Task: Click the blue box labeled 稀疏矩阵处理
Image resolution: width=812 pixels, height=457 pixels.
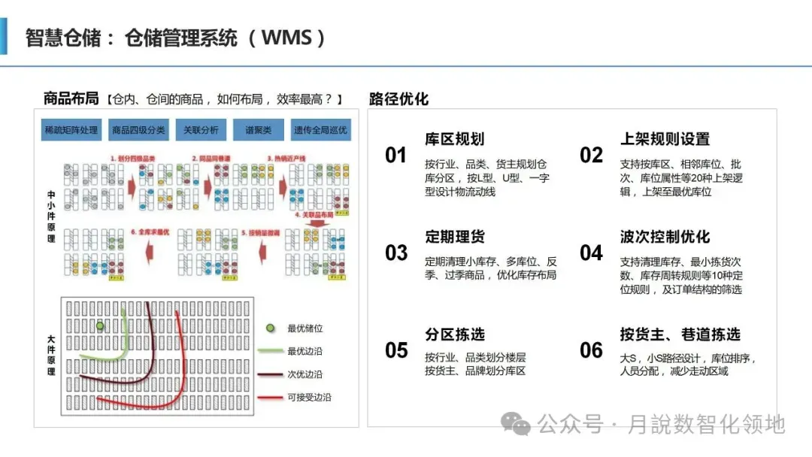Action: coord(71,130)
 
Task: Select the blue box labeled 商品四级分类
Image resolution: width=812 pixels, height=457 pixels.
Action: coord(138,130)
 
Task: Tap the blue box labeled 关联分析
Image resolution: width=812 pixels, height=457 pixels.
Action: coord(201,130)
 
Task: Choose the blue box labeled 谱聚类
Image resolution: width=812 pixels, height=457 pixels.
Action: coord(259,130)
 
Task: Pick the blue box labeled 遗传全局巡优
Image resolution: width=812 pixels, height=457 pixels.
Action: coord(320,130)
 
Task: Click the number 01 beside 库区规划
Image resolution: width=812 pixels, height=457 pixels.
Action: coord(395,156)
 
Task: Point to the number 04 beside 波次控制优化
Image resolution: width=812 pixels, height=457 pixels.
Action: coord(591,253)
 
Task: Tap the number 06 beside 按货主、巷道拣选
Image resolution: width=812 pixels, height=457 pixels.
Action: coord(591,350)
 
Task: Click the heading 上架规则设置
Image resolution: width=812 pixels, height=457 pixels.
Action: coord(665,139)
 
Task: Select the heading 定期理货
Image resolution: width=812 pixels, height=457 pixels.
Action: coord(455,237)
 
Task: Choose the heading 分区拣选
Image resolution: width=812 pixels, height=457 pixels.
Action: coord(455,334)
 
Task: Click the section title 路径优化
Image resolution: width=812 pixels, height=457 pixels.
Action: coord(398,99)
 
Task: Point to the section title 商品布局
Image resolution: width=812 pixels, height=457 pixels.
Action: coord(71,99)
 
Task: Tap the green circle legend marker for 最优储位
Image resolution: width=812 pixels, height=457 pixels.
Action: coord(271,328)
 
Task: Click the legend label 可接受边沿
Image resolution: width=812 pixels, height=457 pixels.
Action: coord(309,397)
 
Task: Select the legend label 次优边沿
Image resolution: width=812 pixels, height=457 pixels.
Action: coord(304,374)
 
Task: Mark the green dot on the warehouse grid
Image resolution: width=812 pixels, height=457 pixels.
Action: coord(100,326)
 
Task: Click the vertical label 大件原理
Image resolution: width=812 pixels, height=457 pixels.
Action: coord(50,356)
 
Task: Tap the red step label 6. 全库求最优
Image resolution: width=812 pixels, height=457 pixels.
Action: coord(153,232)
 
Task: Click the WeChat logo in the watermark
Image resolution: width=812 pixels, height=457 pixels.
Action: coord(517,425)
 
